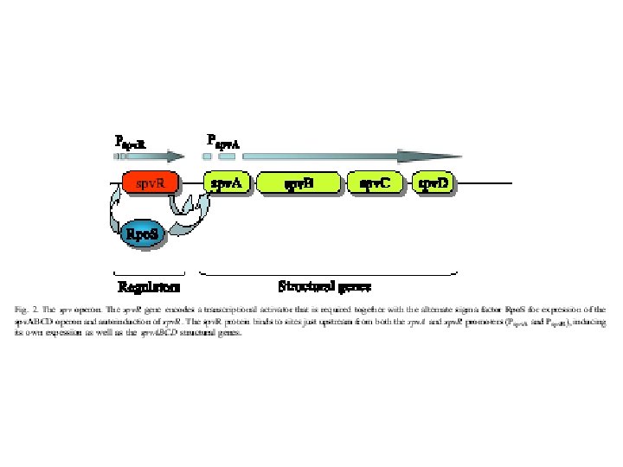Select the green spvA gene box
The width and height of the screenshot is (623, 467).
227,184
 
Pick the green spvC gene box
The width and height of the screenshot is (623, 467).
374,184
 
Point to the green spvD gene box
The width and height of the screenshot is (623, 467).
434,184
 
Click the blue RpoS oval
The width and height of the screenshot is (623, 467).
141,233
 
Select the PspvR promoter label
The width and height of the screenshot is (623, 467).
131,140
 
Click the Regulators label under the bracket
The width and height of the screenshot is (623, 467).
149,286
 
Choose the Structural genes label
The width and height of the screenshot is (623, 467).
324,285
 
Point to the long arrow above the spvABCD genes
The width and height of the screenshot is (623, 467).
346,157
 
